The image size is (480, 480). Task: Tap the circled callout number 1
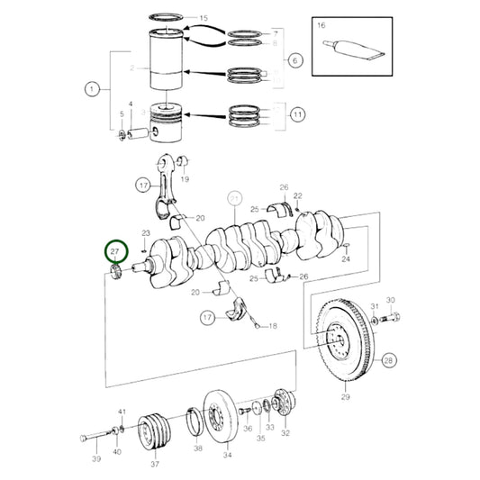click(91, 88)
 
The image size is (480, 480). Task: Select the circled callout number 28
click(388, 361)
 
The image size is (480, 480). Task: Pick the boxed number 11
click(294, 115)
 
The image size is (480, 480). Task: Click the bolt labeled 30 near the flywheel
click(394, 317)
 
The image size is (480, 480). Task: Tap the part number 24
click(346, 258)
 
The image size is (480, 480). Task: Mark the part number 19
click(186, 178)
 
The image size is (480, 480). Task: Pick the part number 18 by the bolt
click(272, 326)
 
